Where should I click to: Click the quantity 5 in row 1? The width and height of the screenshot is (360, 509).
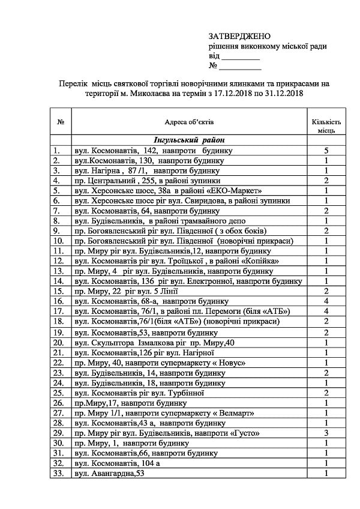(326, 149)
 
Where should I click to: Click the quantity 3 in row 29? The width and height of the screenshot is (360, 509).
(326, 433)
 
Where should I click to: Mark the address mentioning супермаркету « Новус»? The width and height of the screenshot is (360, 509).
(159, 363)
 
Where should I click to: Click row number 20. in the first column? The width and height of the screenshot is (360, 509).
(58, 342)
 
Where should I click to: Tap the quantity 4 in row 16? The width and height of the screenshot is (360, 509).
(326, 301)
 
